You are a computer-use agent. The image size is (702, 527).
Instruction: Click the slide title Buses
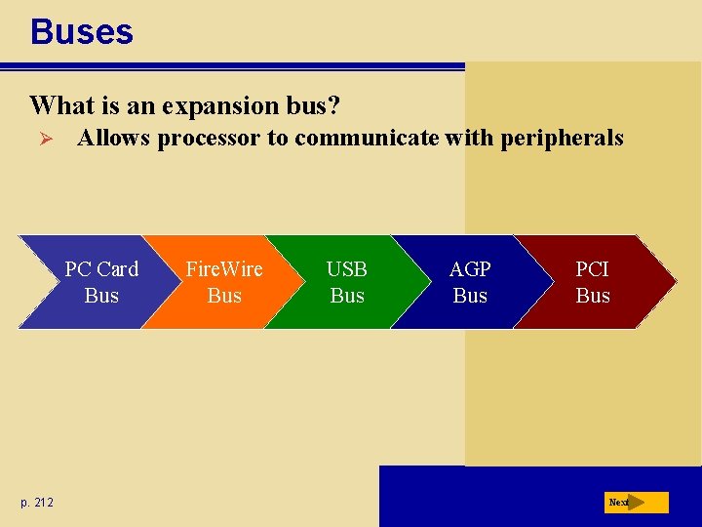click(x=82, y=32)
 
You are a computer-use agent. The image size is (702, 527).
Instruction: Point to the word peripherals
click(x=562, y=139)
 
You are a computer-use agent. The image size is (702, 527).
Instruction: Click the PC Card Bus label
click(x=101, y=282)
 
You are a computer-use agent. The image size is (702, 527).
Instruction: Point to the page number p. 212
click(x=37, y=502)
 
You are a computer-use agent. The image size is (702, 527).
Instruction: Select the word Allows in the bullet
click(x=115, y=139)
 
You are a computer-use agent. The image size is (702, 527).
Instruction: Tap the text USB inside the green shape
click(x=347, y=269)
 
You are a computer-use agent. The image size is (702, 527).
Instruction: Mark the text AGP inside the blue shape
click(x=470, y=269)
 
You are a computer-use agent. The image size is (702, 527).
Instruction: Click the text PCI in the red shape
click(x=593, y=269)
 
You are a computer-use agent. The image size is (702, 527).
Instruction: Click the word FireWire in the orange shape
click(x=224, y=269)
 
